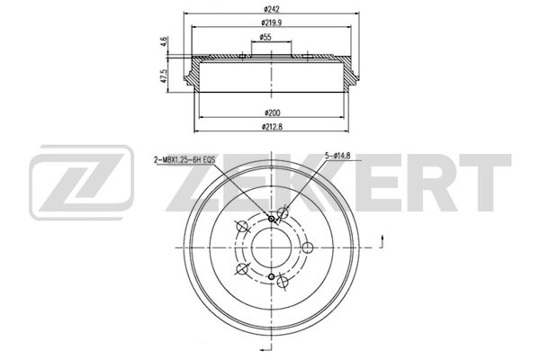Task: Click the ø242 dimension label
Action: pyautogui.click(x=272, y=9)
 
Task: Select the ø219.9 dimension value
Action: pyautogui.click(x=272, y=22)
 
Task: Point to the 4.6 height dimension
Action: pyautogui.click(x=165, y=41)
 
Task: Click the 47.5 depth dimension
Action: pyautogui.click(x=165, y=75)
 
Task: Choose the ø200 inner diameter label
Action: pyautogui.click(x=273, y=112)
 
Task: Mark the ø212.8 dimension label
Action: pyautogui.click(x=272, y=127)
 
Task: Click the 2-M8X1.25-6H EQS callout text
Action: pyautogui.click(x=184, y=159)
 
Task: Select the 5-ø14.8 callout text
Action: pyautogui.click(x=337, y=156)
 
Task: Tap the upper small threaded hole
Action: pyautogui.click(x=272, y=219)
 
